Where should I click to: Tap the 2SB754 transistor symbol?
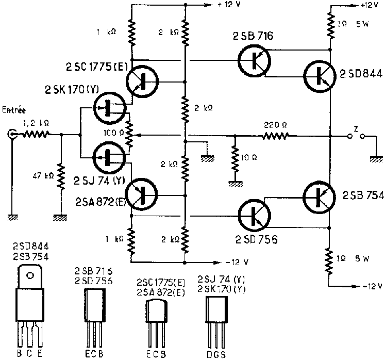click(x=320, y=195)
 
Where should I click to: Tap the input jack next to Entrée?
click(x=11, y=135)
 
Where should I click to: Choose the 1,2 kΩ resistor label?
click(x=37, y=123)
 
